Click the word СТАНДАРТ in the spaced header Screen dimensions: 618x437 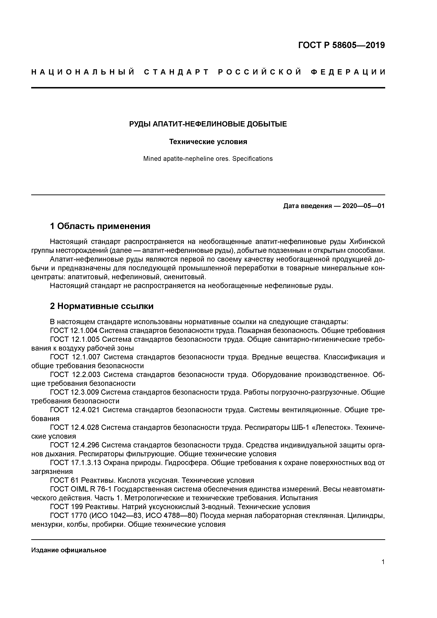coord(176,72)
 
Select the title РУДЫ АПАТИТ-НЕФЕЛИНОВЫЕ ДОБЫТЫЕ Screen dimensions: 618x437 coord(208,124)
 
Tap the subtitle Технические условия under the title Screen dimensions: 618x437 coord(208,142)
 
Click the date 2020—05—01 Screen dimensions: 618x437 coord(363,206)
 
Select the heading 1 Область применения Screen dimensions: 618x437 coord(100,226)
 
